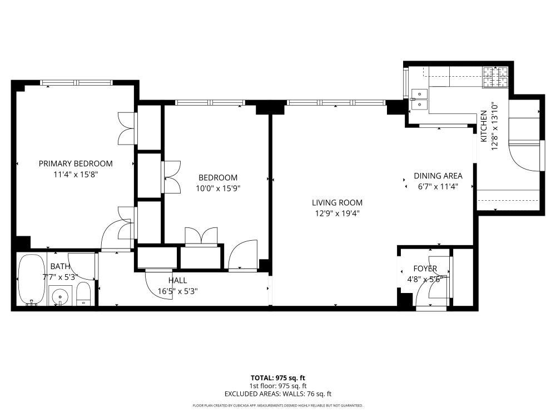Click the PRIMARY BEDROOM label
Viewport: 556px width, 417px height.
(x=76, y=163)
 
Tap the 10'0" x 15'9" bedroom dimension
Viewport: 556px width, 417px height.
(x=218, y=188)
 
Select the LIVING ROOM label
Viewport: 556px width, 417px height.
(x=337, y=203)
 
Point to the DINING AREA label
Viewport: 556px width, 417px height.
(x=438, y=176)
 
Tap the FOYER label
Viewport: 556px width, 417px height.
(x=425, y=269)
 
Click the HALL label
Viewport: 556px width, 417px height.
(x=177, y=280)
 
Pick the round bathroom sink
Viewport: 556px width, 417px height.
(x=59, y=296)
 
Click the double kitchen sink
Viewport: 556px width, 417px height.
(x=419, y=99)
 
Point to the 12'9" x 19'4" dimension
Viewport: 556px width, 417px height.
(x=337, y=213)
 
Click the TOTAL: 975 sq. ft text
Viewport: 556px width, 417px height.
(x=277, y=378)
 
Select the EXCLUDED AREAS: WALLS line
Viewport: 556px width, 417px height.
(x=277, y=394)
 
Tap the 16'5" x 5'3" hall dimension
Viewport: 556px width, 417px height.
(x=177, y=290)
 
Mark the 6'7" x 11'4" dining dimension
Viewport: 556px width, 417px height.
(x=438, y=186)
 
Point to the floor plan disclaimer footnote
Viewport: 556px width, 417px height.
(x=277, y=406)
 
